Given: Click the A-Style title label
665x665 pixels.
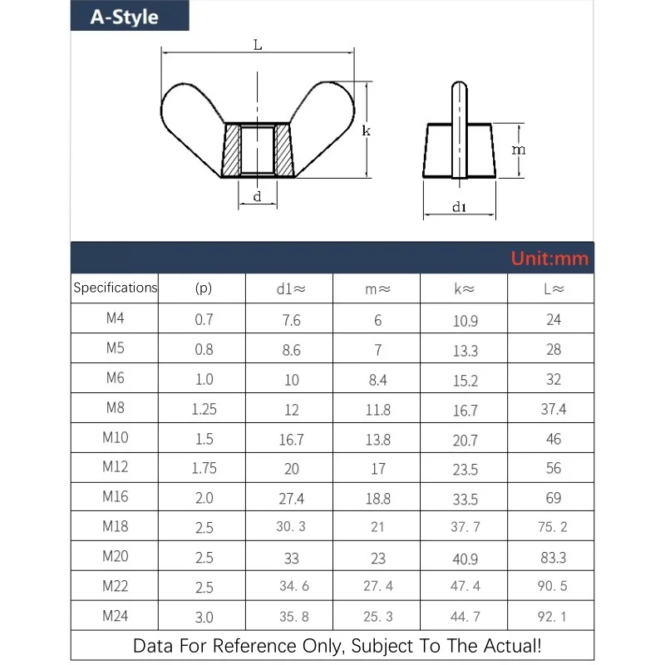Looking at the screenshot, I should point(125,17).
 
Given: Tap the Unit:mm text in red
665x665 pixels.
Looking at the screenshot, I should point(549,258).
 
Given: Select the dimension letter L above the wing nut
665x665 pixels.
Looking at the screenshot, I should point(258,47).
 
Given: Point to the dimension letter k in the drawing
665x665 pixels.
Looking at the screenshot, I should point(366,131).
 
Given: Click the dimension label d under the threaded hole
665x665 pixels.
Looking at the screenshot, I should point(258,197).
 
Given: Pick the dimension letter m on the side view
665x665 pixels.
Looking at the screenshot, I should point(518,150).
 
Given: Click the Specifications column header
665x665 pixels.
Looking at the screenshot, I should point(115,288).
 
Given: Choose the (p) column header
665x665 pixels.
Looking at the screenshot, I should point(204,289).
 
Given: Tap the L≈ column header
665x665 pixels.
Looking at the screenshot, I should point(553,289).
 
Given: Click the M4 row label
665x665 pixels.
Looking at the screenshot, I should point(115,318).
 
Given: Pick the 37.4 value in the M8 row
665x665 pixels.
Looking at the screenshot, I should point(553,409).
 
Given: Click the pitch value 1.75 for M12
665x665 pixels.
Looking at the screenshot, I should point(204,468).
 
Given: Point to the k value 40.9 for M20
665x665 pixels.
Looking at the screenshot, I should point(465,559).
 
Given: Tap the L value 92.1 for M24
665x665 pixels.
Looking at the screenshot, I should point(553,617).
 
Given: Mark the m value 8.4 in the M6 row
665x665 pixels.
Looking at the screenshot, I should point(377,380).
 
